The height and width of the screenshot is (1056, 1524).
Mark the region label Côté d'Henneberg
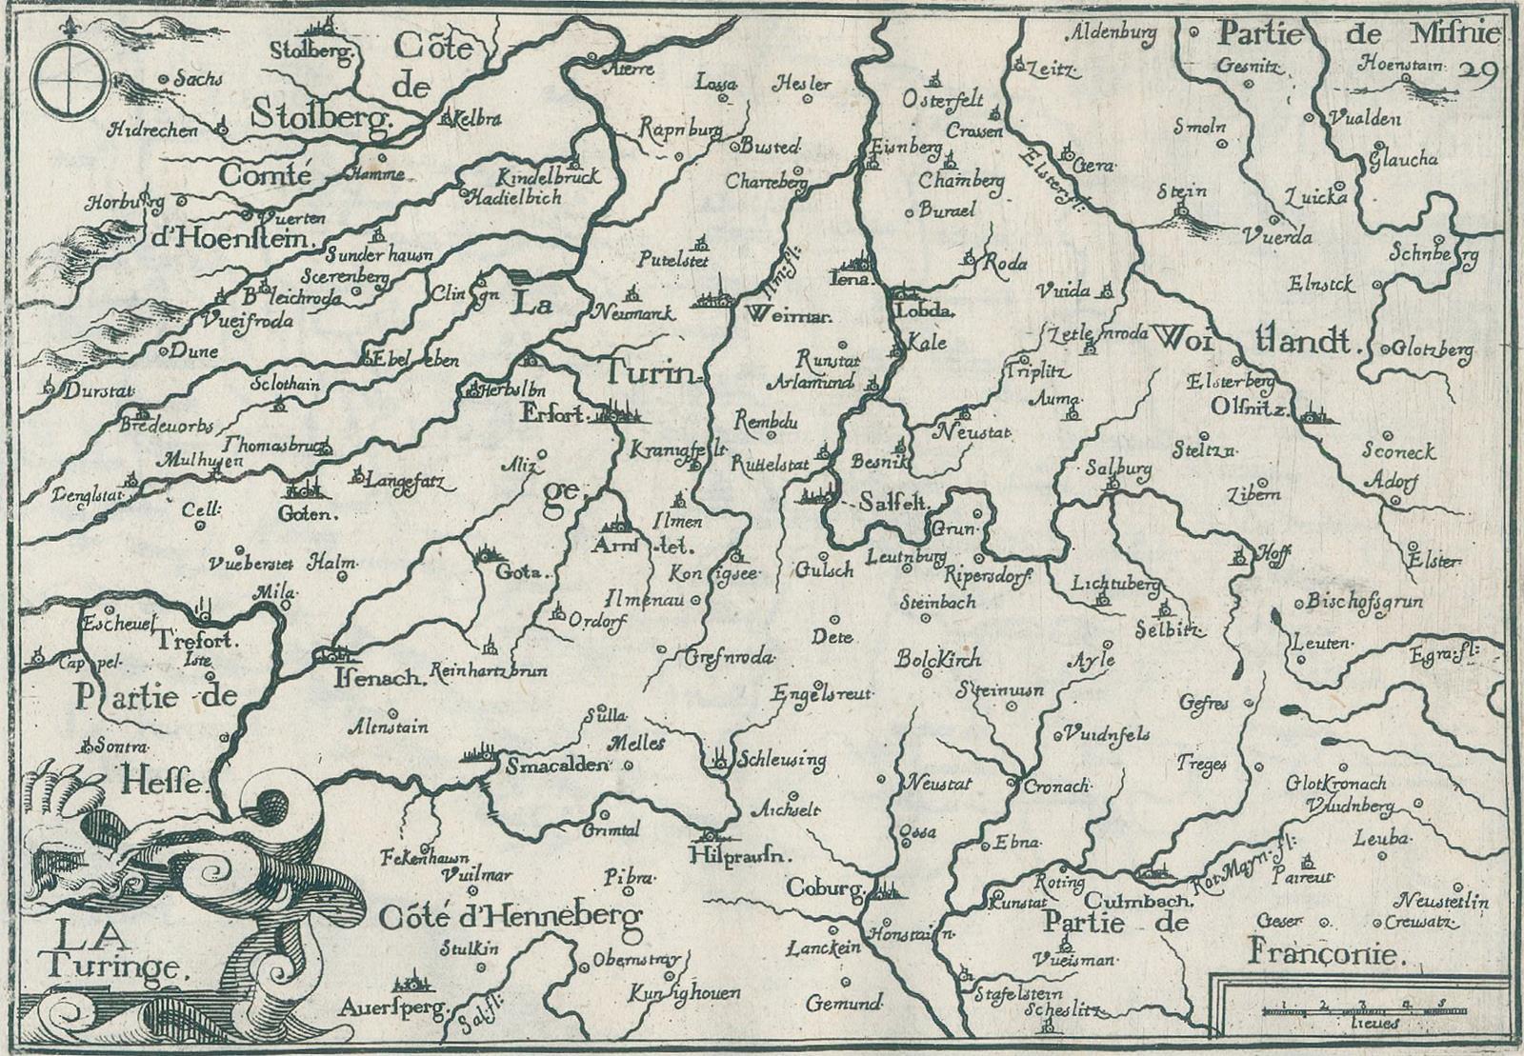(511, 917)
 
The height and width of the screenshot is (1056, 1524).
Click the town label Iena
(853, 280)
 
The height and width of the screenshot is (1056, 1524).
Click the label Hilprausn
(739, 855)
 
